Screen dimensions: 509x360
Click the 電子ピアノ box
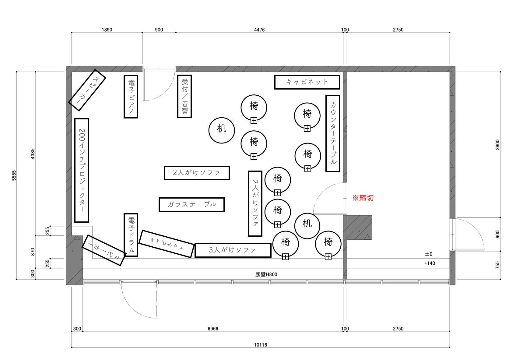(131, 97)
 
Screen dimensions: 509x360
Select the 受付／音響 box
(184, 96)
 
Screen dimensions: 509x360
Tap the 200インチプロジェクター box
(82, 170)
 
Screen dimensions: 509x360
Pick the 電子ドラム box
(131, 235)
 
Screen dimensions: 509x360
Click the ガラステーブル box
(191, 205)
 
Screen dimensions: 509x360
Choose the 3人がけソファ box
(233, 250)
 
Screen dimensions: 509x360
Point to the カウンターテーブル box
(333, 133)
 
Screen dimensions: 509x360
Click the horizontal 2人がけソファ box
(197, 173)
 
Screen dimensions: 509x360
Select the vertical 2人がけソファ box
(255, 203)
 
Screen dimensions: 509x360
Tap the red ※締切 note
(363, 198)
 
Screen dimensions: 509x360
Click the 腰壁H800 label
(266, 274)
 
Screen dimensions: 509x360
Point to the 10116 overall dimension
(260, 345)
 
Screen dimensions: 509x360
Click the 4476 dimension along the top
(259, 30)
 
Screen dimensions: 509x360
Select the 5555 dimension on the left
(14, 175)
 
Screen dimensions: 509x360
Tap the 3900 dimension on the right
(497, 145)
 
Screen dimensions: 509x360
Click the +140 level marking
(430, 263)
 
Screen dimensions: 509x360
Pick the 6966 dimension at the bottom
(213, 329)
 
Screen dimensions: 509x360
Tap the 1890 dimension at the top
(107, 30)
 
